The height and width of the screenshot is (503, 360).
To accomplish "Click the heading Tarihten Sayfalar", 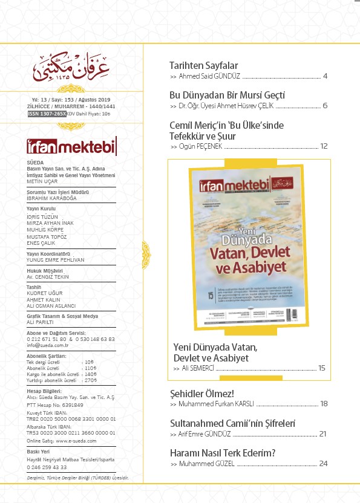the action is [203, 65].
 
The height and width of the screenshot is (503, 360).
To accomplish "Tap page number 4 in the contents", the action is [325, 77].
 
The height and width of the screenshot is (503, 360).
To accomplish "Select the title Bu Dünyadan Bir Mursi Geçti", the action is [226, 95].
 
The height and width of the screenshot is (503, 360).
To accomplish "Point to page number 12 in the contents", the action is [324, 146].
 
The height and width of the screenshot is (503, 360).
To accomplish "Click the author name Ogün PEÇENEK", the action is [200, 147].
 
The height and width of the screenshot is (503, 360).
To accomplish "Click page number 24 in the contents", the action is [323, 464].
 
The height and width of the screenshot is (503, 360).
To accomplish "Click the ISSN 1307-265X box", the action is [47, 114].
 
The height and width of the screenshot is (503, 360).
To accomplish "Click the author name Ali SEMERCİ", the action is [197, 368].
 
